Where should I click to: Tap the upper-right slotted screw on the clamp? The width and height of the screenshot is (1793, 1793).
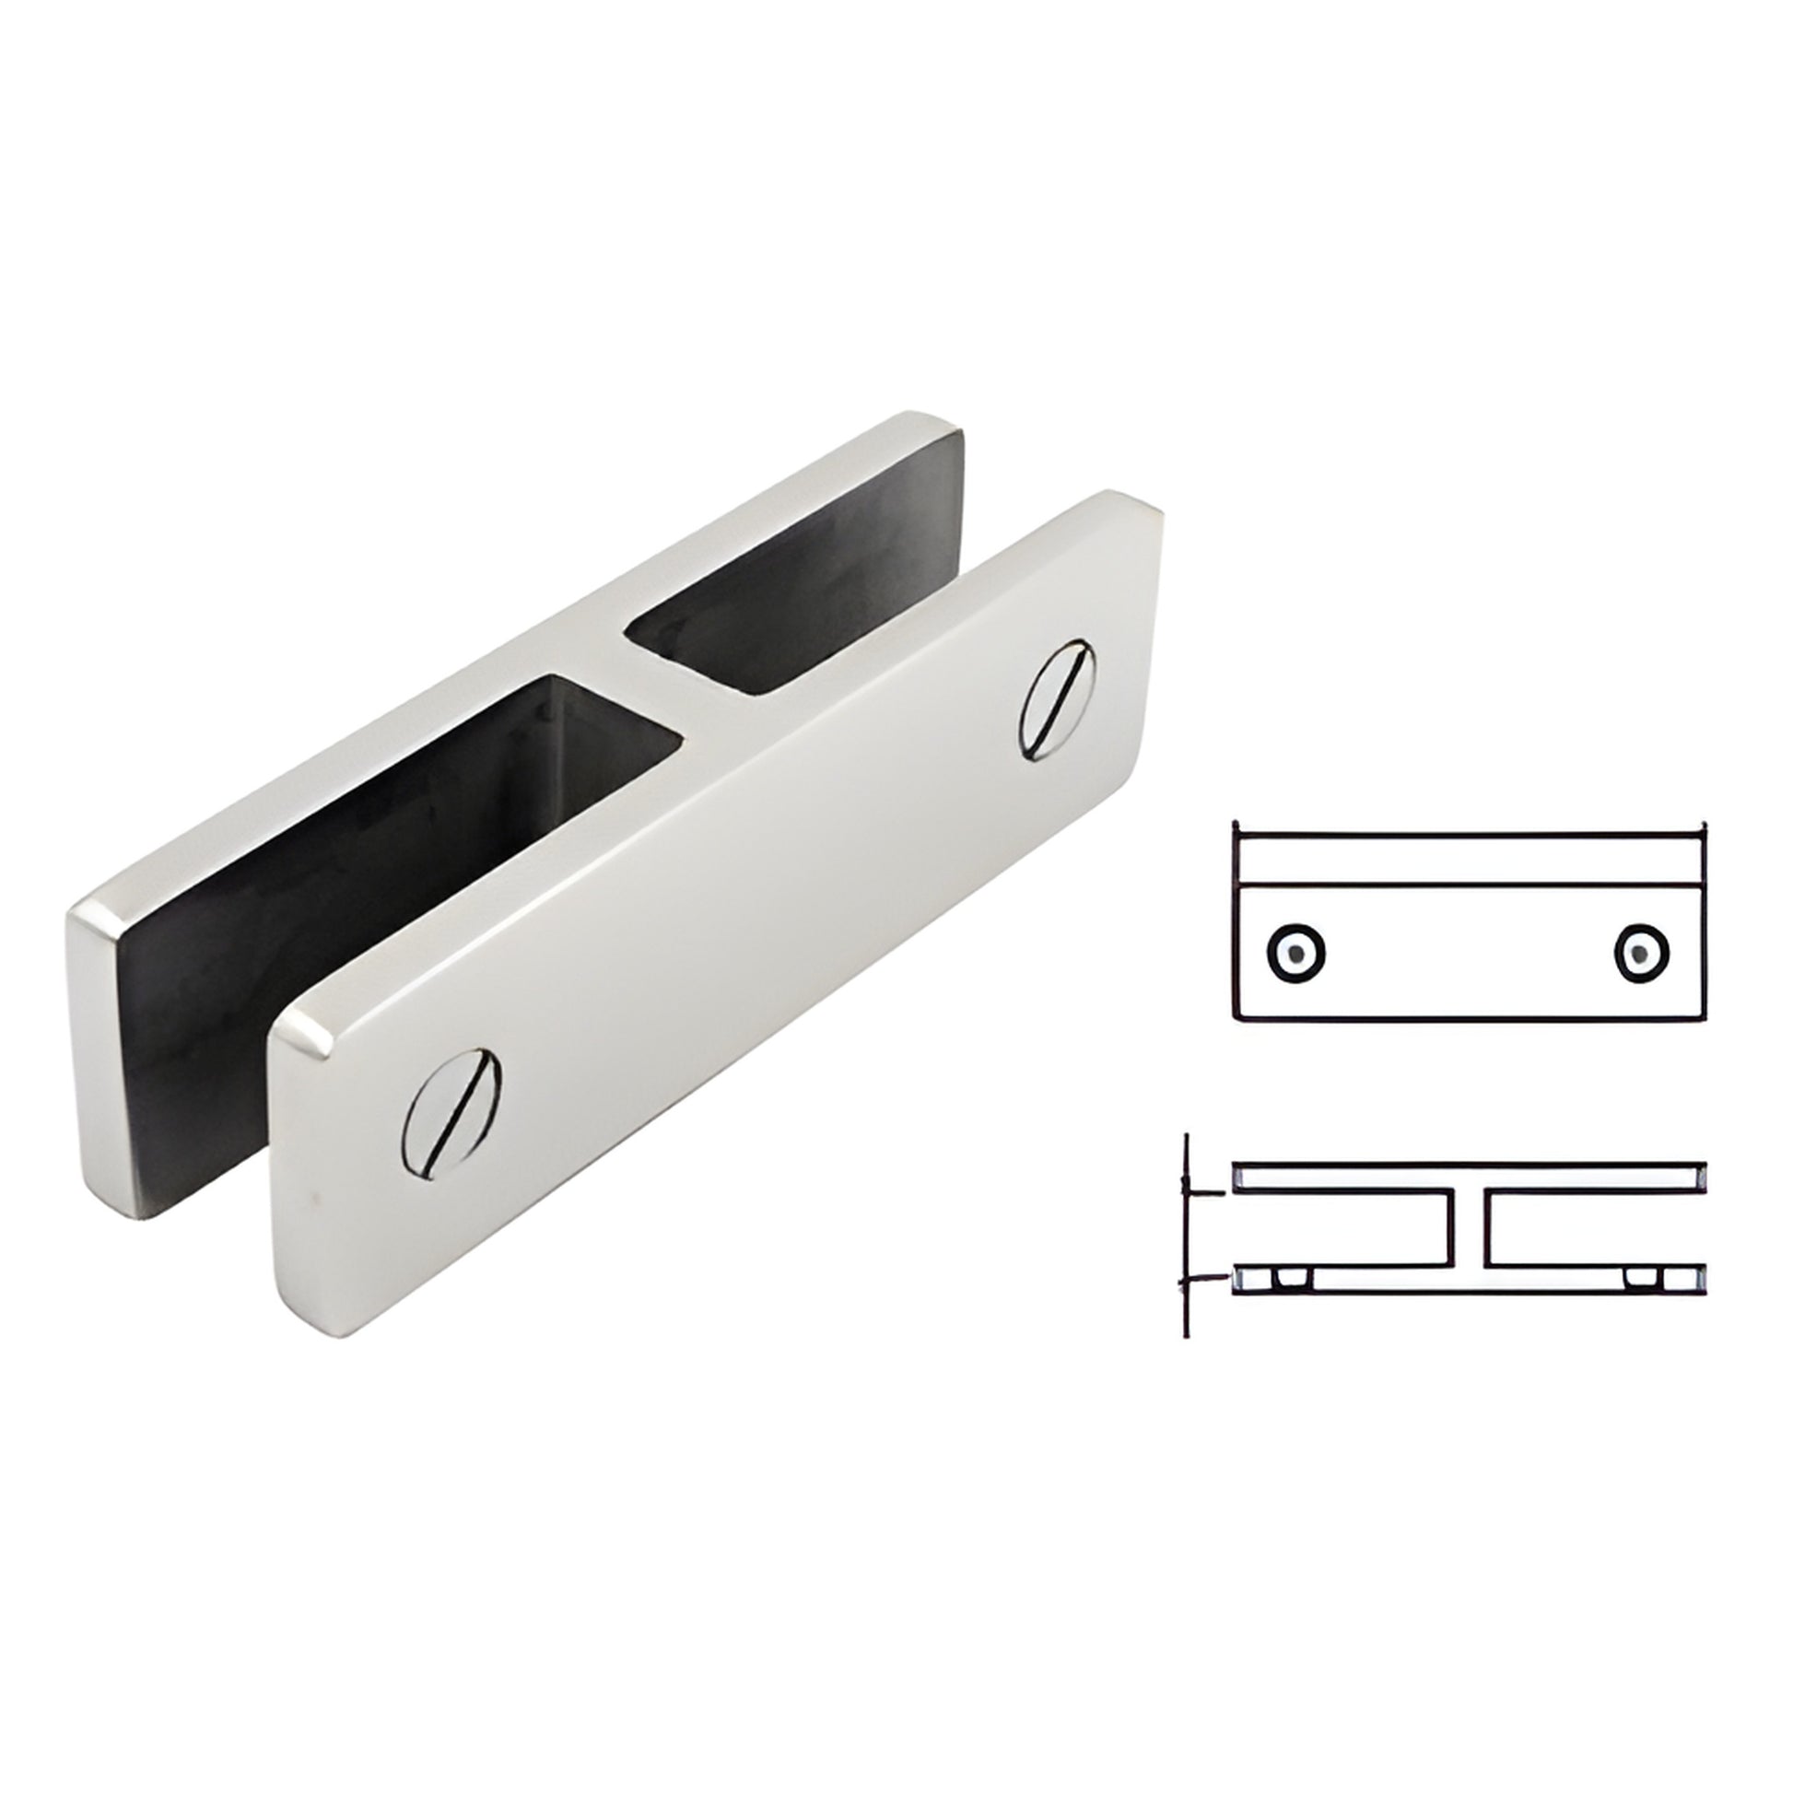click(1058, 698)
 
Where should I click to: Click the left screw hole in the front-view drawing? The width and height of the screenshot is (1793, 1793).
click(1295, 951)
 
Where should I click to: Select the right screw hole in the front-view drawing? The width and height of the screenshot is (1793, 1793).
click(1642, 951)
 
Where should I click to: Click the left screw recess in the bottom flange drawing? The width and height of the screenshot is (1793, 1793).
click(1287, 1280)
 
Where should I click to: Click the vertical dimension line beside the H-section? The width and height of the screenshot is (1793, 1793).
click(1187, 1235)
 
